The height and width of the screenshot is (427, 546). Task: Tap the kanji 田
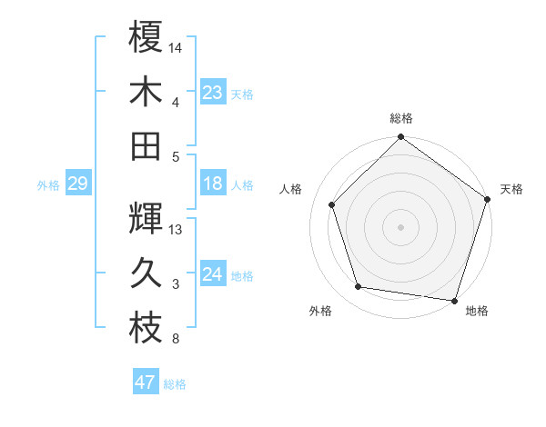[145, 145]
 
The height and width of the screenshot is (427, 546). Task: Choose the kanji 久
[145, 273]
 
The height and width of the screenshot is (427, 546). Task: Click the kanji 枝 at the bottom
[145, 329]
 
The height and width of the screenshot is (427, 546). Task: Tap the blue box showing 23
[213, 92]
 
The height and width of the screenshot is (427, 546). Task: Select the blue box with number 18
[213, 184]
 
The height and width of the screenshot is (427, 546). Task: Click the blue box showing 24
[213, 274]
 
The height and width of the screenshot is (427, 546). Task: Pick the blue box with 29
[77, 184]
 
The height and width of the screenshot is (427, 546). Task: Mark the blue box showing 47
[146, 382]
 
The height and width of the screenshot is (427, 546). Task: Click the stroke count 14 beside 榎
[176, 46]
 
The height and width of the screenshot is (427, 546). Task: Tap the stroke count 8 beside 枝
[176, 340]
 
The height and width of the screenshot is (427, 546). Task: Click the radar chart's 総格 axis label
[401, 118]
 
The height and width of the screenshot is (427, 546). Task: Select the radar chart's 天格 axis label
[511, 189]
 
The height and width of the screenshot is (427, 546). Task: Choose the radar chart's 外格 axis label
[320, 311]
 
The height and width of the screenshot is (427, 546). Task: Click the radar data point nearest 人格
[332, 204]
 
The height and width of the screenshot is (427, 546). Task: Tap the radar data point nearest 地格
[454, 299]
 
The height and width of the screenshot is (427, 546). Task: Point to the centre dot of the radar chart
[401, 226]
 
